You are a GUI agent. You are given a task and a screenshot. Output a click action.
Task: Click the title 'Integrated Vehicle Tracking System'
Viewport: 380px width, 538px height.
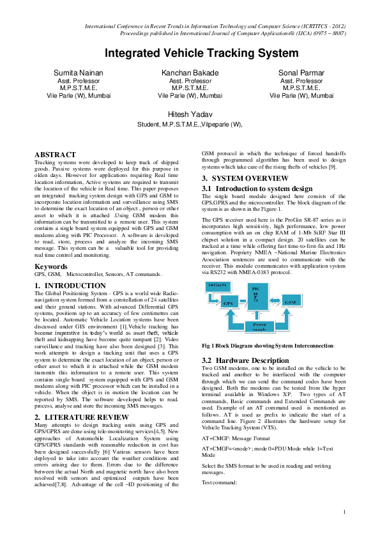coord(201,53)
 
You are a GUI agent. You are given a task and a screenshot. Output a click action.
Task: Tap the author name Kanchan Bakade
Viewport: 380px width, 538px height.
coord(190,73)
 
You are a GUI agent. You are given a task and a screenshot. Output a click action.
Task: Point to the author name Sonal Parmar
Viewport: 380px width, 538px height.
coord(301,73)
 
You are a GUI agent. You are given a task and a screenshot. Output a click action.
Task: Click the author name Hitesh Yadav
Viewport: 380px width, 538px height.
coord(190,114)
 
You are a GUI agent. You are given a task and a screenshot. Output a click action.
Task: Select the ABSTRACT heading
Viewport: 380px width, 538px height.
coord(55,155)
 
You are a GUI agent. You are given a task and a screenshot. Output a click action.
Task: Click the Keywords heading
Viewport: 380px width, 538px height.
coord(51,284)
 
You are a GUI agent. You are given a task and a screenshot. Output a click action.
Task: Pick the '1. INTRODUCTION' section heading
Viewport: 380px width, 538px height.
coord(70,304)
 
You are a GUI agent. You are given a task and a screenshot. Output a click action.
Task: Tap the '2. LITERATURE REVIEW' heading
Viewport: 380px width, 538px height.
coord(81,399)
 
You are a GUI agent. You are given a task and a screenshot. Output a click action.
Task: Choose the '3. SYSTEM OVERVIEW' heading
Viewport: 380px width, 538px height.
coord(245,178)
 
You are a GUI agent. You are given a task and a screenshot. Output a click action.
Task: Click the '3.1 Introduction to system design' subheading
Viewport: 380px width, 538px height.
coord(257,188)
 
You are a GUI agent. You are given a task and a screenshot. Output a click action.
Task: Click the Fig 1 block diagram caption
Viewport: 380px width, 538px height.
coord(267,346)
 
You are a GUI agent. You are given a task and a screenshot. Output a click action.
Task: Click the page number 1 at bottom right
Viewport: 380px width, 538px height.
coord(344,512)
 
